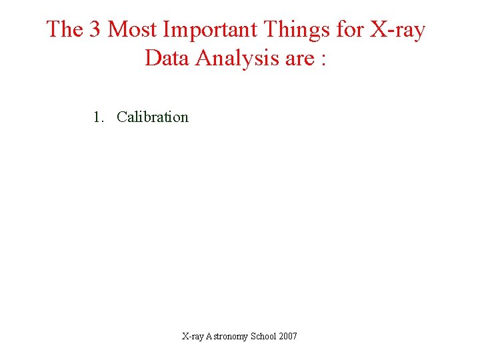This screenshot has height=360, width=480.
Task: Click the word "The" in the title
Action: click(63, 29)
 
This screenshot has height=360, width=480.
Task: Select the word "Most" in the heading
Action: click(131, 29)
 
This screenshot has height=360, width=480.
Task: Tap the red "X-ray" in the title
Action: click(397, 30)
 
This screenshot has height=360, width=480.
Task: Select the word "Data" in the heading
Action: click(166, 58)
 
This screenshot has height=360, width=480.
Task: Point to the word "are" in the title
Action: click(299, 59)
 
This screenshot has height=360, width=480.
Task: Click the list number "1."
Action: click(99, 117)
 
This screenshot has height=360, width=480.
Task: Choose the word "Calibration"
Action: click(153, 117)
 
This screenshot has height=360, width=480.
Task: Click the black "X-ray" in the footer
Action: click(194, 336)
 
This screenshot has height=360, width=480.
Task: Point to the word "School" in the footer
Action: click(265, 336)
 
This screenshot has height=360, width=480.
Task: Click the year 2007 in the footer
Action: click(289, 336)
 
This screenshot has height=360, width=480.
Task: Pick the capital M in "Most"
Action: click(117, 29)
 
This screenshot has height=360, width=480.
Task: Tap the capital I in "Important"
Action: click(164, 29)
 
